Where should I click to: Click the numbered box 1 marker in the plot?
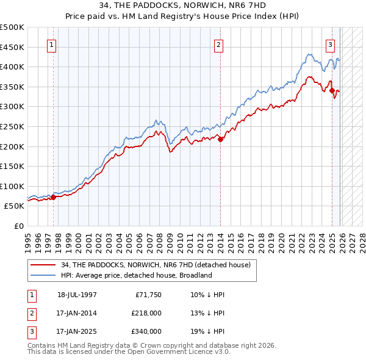click(51, 44)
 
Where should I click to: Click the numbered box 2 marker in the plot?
click(218, 44)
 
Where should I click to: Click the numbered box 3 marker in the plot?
click(330, 44)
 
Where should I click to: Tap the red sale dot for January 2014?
click(221, 139)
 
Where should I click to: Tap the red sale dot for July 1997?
click(53, 197)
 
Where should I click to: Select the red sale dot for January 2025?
click(332, 91)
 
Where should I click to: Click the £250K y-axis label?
click(12, 127)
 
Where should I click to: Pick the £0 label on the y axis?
click(18, 226)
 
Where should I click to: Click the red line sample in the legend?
click(43, 265)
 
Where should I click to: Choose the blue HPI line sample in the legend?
click(43, 275)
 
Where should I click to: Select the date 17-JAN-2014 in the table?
click(77, 313)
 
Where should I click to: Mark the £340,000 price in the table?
click(146, 331)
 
